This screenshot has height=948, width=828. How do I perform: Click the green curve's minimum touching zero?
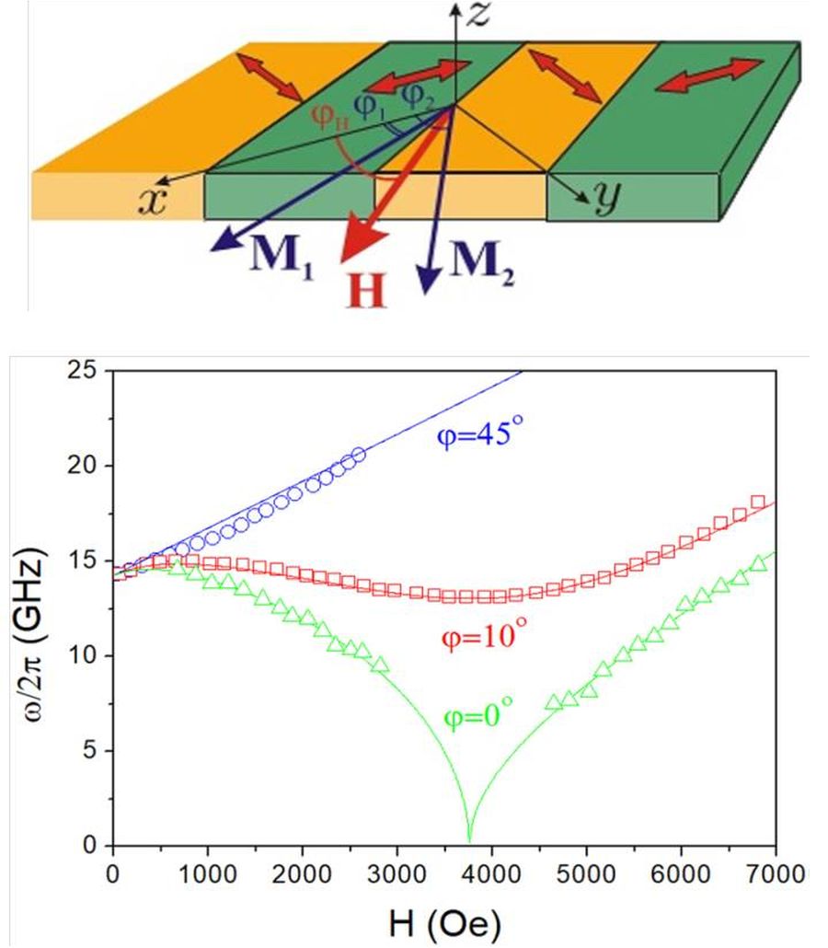pyautogui.click(x=469, y=839)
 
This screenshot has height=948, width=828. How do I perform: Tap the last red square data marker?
pyautogui.click(x=758, y=502)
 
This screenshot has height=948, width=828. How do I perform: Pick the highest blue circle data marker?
pyautogui.click(x=358, y=454)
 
